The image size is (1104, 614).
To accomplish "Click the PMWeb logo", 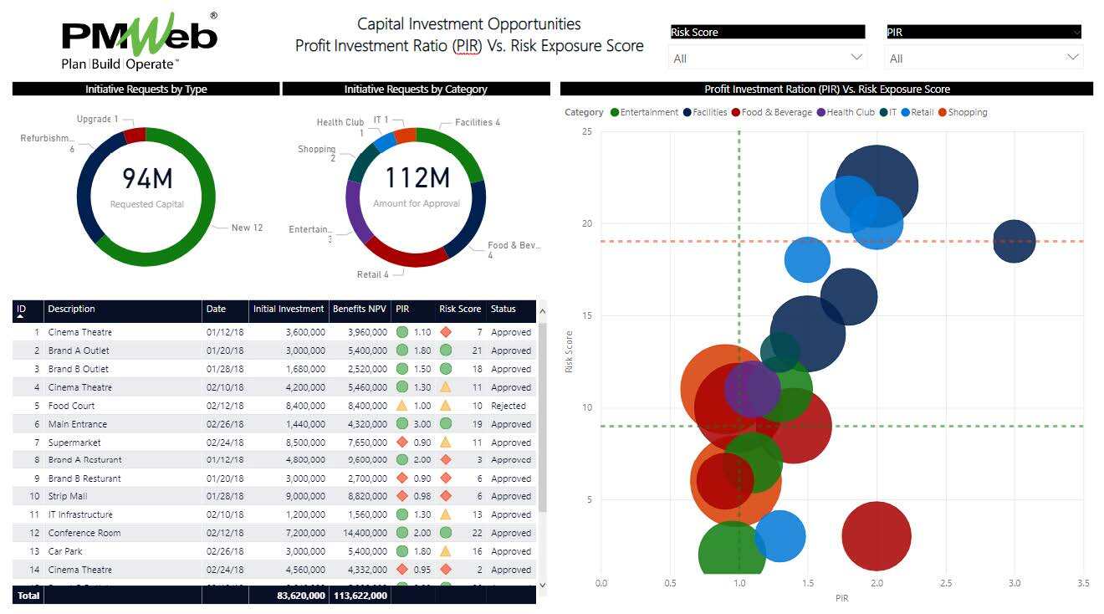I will [139, 41].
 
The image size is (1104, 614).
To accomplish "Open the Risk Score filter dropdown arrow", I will [856, 58].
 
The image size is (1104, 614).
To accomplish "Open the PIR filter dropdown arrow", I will [1072, 58].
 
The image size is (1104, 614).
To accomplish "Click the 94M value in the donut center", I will [146, 178].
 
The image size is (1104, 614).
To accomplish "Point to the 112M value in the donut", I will [417, 177].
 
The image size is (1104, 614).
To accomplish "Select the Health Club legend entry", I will [846, 112].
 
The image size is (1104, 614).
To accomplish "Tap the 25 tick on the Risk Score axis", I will [587, 131].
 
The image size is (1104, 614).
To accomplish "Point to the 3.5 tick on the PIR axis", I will [1083, 582].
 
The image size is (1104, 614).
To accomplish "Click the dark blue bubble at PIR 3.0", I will [1014, 242].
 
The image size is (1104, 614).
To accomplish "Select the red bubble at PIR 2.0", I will [876, 536].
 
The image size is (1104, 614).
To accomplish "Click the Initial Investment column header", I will [289, 310].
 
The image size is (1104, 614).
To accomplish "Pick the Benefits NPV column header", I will [359, 310].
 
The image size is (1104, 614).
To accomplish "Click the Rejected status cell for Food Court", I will [509, 406].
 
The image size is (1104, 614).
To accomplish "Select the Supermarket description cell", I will [74, 443].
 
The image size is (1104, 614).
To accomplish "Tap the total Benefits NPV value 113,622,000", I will [359, 596].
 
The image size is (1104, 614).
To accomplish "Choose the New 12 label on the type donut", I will [247, 228].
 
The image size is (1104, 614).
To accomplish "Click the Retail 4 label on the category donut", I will [373, 274].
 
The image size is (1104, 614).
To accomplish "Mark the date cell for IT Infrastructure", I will [224, 514].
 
